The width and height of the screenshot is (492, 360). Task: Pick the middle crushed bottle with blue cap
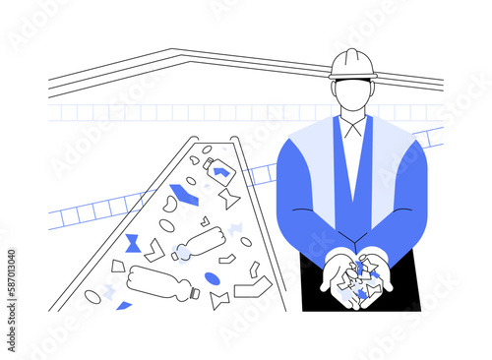click(x=200, y=242)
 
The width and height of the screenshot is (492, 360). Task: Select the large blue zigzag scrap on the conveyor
click(x=183, y=194)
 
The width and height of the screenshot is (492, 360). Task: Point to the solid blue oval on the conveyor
click(x=213, y=279)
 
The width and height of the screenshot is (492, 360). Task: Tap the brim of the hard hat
click(x=352, y=76)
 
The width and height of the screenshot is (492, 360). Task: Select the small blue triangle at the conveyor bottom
click(x=124, y=306)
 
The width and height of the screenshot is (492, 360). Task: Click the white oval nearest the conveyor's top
click(x=207, y=150)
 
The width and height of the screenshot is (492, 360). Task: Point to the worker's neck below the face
click(x=352, y=116)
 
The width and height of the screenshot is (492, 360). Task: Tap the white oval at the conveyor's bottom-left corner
click(x=92, y=296)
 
